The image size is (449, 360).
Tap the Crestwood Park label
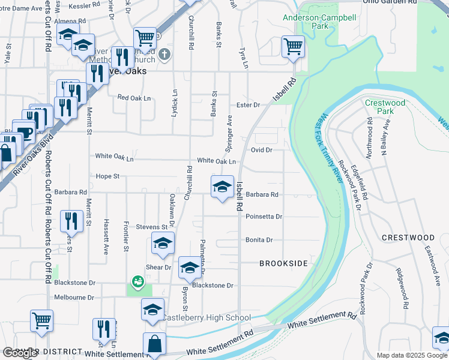coord(385,107)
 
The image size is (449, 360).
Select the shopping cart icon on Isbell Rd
coord(293,46)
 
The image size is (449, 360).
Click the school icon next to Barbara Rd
coord(222,186)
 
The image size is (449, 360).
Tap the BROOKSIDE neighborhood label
coord(283,263)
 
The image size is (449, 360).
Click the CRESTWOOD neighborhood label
coord(408,238)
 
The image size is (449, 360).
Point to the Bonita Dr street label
coord(259,240)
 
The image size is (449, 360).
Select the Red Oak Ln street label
coord(133,97)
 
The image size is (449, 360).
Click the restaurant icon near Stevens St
coord(71,220)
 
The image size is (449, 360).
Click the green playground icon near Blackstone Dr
coord(137,280)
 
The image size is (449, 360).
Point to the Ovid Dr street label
coord(262,149)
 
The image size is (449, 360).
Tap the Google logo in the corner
coord(20,353)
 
